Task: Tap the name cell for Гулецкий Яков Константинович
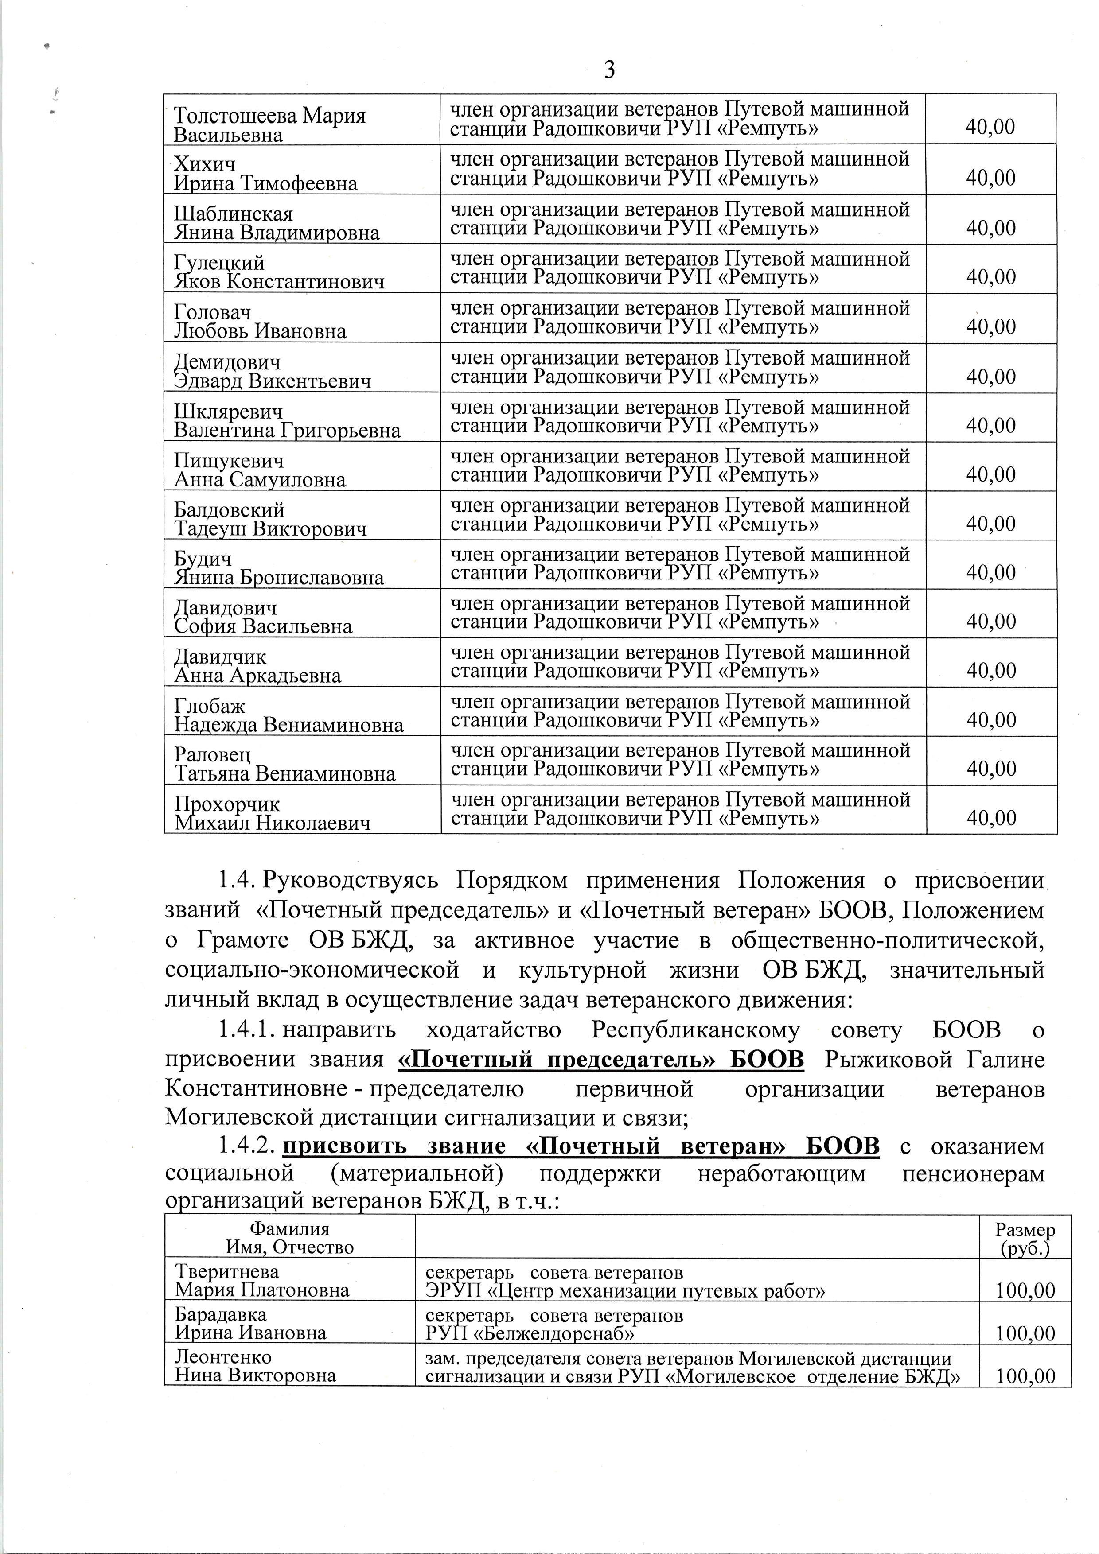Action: pyautogui.click(x=279, y=272)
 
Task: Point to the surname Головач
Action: pyautogui.click(x=213, y=312)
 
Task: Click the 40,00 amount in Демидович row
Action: pyautogui.click(x=991, y=376)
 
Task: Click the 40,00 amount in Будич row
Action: pyautogui.click(x=991, y=573)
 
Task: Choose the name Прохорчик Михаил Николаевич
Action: pyautogui.click(x=272, y=814)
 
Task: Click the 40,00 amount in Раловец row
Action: pyautogui.click(x=991, y=769)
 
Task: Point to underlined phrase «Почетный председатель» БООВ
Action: pyautogui.click(x=600, y=1059)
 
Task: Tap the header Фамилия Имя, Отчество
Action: pyautogui.click(x=290, y=1238)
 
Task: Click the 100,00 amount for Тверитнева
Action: pyautogui.click(x=1025, y=1291)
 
